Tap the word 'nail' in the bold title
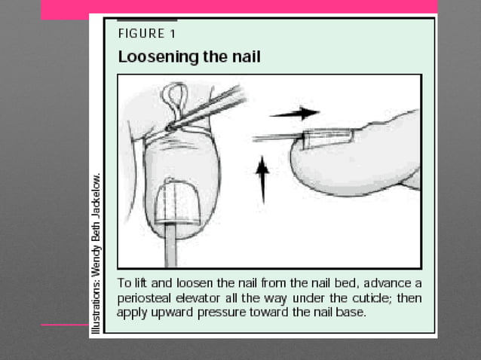click(244, 56)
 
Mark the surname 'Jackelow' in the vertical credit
click(96, 197)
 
